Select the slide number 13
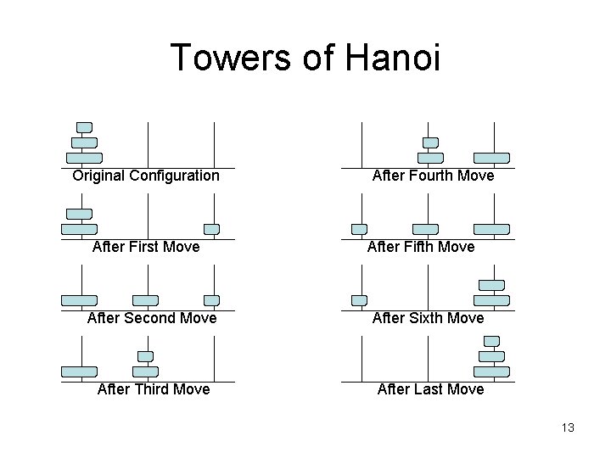568,427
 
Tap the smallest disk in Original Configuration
84,127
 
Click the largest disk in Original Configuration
84,158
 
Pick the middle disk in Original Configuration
84,142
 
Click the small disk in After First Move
212,229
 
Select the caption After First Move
146,247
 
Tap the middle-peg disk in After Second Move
146,300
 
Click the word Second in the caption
158,318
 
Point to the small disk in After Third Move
146,356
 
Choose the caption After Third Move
154,389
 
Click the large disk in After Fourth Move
491,158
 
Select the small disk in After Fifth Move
360,229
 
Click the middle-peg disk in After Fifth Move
425,229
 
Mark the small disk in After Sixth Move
360,300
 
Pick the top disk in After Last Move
491,341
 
